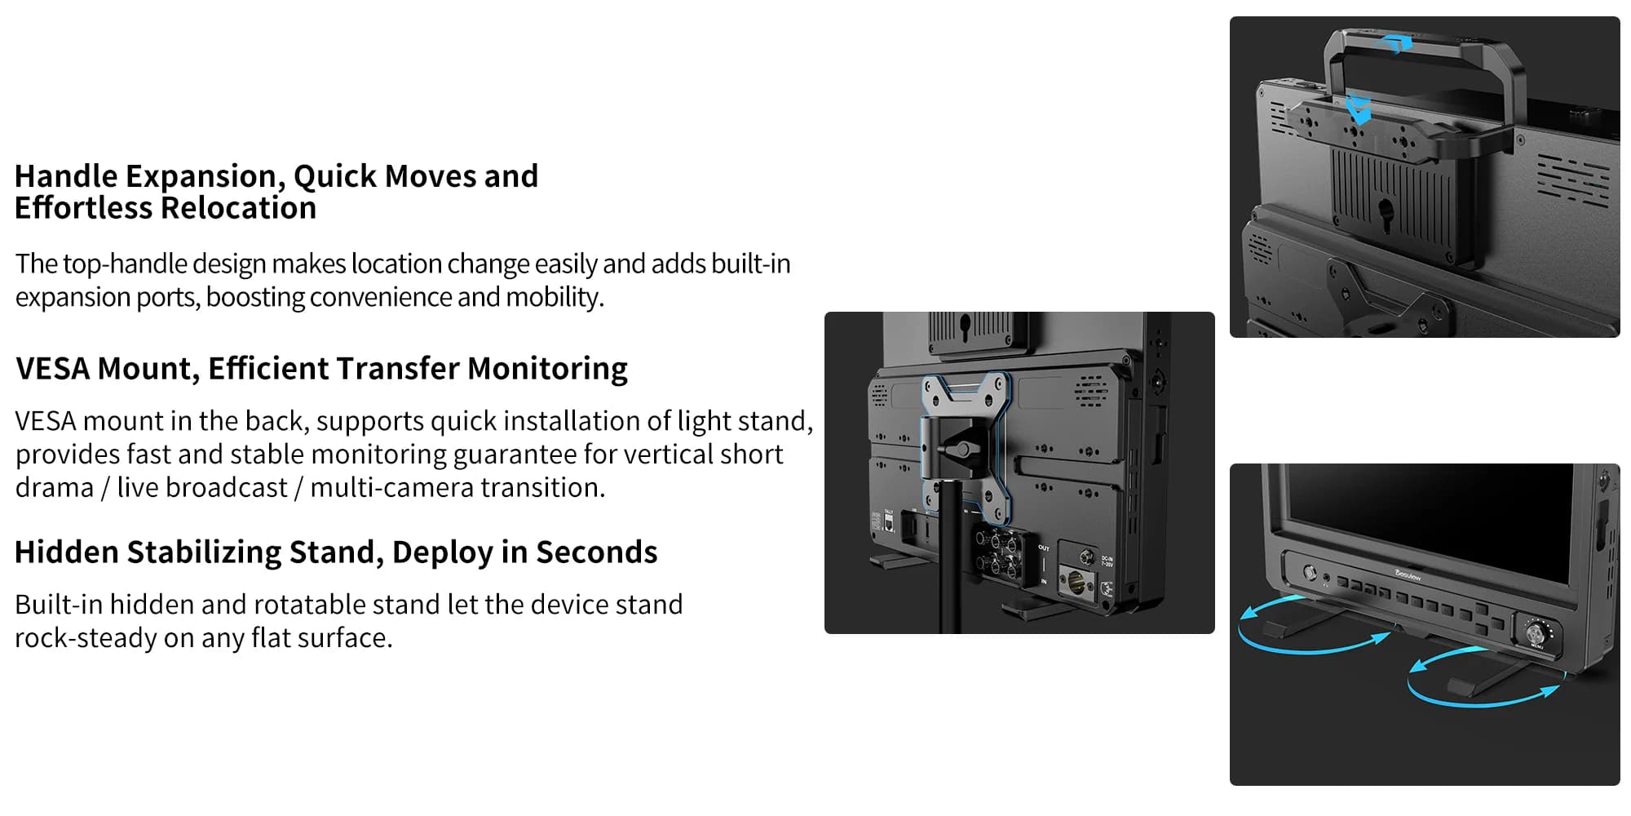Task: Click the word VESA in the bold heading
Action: click(53, 369)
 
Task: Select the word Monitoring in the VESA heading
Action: click(547, 369)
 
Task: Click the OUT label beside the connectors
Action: click(1044, 548)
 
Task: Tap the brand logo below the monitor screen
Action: click(1408, 575)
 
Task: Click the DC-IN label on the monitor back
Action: click(1107, 561)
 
